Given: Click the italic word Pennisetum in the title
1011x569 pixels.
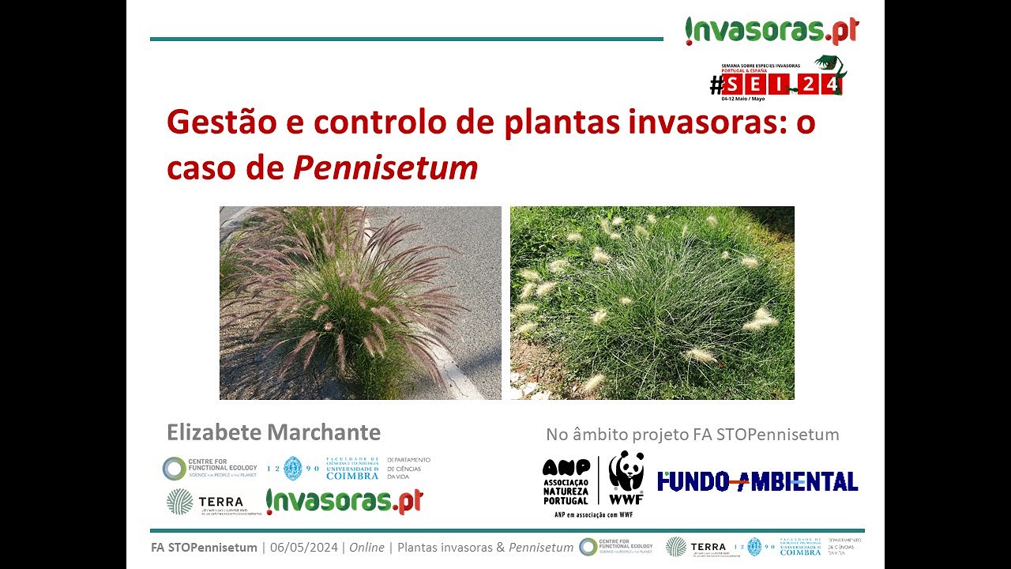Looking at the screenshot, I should [x=385, y=168].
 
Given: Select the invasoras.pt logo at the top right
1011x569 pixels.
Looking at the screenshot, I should [x=772, y=31].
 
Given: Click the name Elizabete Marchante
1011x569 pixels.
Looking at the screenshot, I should [x=273, y=432].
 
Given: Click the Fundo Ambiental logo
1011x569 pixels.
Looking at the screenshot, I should [x=757, y=481].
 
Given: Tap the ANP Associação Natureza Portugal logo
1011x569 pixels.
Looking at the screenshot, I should [x=566, y=481].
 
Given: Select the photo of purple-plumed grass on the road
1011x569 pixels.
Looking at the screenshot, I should [x=360, y=303].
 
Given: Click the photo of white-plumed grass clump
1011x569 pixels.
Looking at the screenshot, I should [x=652, y=303].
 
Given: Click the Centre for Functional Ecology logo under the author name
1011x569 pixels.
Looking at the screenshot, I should [x=209, y=469].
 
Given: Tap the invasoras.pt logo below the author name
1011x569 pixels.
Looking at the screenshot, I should [x=344, y=501].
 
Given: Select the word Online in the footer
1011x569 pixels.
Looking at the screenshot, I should [x=366, y=547].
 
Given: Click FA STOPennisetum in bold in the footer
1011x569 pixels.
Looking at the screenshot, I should [x=204, y=547].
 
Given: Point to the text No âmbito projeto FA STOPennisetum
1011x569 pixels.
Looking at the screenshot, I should [x=692, y=434].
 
